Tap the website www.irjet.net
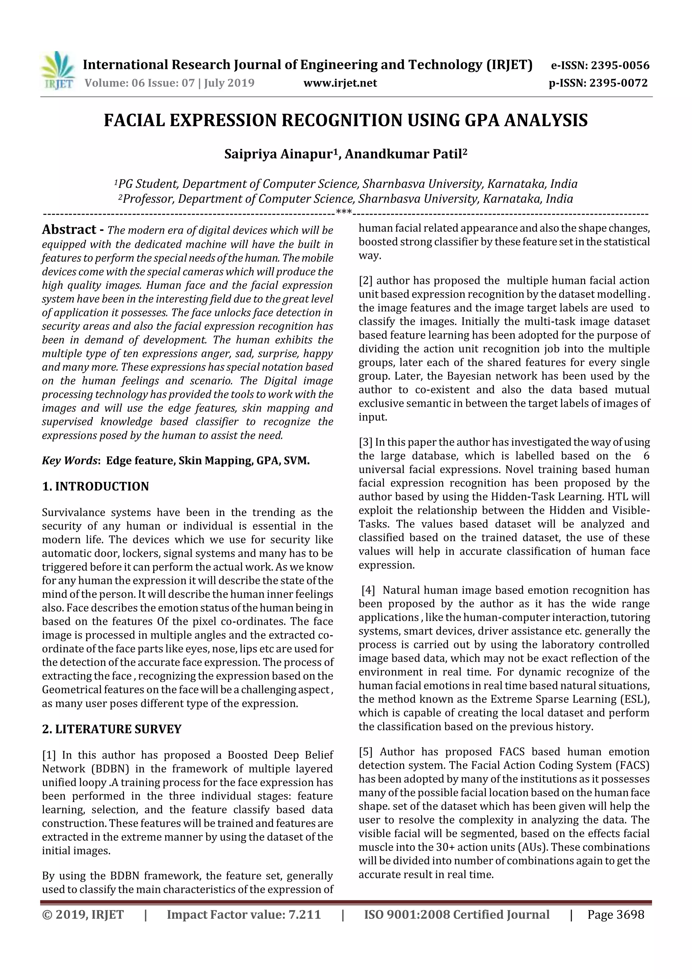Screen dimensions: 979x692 [x=340, y=83]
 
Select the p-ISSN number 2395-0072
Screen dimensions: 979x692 [x=618, y=83]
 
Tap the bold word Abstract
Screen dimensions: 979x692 [x=69, y=230]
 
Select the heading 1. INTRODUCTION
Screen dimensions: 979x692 [x=96, y=487]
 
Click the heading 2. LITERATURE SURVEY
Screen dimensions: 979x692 [x=112, y=729]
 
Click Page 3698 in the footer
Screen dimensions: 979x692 [x=615, y=914]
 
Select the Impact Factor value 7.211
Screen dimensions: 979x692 [x=304, y=914]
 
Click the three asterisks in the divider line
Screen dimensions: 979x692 [x=344, y=212]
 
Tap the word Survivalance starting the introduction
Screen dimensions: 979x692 [x=73, y=513]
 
